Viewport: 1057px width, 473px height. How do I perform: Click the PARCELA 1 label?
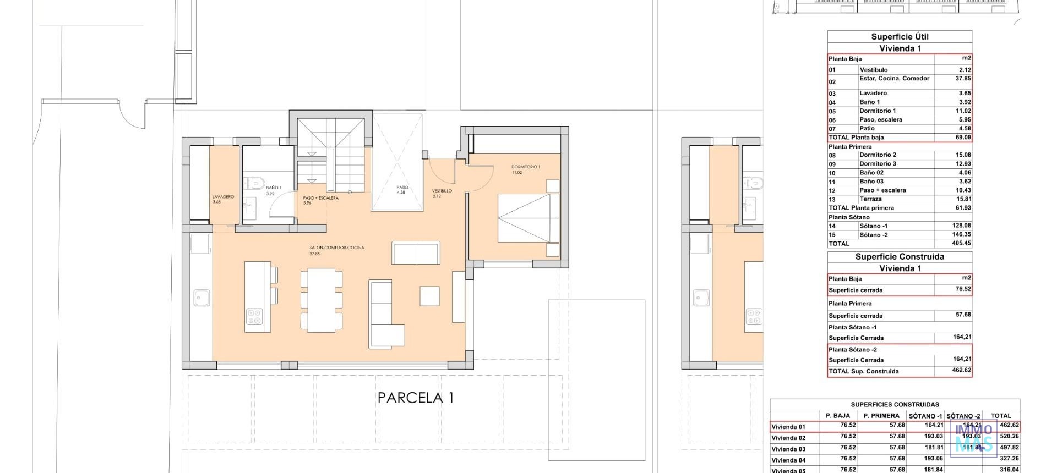416,398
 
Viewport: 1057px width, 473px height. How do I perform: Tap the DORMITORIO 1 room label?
525,167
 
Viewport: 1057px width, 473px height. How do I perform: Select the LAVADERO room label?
223,197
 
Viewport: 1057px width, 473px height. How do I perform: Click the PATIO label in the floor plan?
402,187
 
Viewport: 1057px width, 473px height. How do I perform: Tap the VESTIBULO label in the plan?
442,191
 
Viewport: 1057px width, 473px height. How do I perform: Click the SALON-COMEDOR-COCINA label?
336,248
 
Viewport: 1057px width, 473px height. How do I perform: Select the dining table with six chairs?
322,300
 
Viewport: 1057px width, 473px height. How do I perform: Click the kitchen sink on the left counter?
199,298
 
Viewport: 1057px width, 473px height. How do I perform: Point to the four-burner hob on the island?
254,316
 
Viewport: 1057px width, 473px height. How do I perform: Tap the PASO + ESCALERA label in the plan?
320,198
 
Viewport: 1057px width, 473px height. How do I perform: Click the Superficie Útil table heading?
900,37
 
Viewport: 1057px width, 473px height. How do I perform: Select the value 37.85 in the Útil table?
963,79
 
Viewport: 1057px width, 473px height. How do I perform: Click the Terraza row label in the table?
870,199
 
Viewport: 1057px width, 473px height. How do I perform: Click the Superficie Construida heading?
900,257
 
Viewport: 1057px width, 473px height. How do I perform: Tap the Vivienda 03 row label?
788,449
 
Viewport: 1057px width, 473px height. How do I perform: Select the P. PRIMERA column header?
881,416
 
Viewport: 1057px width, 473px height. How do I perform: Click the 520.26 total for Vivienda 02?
1005,436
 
